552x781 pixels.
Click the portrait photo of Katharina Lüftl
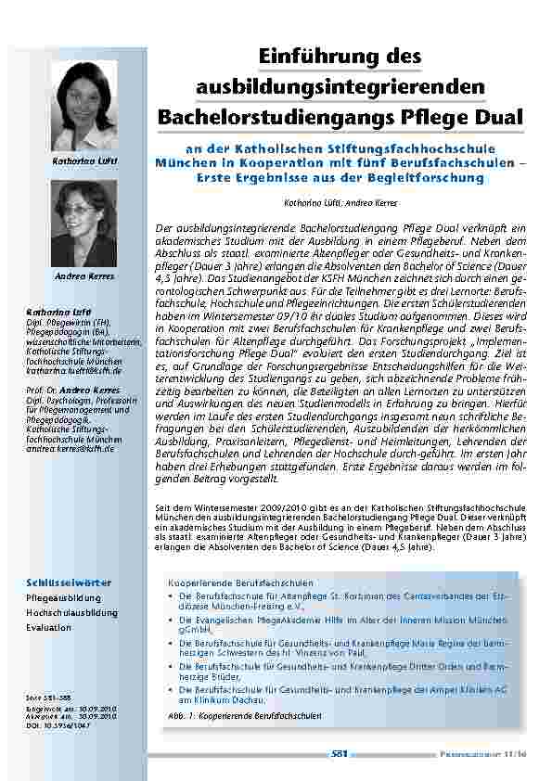click(x=89, y=107)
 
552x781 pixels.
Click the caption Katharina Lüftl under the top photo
click(x=89, y=161)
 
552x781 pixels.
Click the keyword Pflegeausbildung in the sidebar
click(x=63, y=598)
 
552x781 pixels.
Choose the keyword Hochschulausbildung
click(x=71, y=613)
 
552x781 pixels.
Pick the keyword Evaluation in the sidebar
click(x=48, y=628)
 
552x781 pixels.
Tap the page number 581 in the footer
click(x=340, y=754)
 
